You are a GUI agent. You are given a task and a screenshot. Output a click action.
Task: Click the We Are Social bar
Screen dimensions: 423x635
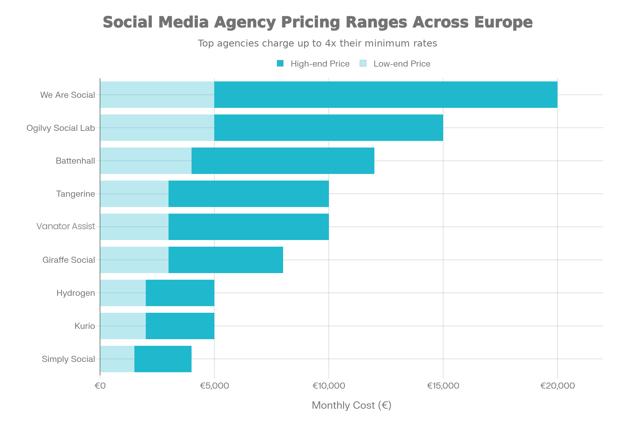tap(329, 95)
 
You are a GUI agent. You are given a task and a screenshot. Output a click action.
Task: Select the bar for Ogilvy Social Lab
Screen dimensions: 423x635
tap(271, 128)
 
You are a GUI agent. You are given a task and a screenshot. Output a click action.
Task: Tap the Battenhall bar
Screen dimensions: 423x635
tap(237, 161)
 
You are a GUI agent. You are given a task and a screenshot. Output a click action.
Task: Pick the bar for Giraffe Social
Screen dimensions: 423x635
tap(191, 260)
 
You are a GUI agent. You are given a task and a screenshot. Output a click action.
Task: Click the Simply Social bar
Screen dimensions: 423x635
tap(146, 359)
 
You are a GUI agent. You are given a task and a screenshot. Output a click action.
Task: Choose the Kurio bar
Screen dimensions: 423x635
tap(157, 326)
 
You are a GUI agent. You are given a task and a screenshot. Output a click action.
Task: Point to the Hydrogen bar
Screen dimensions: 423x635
tap(157, 293)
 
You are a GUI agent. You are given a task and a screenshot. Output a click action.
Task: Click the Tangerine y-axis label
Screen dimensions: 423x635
tap(76, 194)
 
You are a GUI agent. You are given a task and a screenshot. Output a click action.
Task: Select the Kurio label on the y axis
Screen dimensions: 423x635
tap(85, 326)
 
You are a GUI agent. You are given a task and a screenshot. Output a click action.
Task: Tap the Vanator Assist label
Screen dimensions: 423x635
tap(66, 226)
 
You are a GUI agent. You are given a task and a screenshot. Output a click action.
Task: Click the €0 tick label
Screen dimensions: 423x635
tap(100, 386)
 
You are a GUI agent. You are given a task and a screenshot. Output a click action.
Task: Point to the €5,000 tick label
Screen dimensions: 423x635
tap(214, 386)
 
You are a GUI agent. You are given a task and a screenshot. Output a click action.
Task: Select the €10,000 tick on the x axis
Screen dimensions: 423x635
tap(329, 386)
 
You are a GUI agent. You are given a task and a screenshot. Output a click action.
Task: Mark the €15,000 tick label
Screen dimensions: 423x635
tap(443, 386)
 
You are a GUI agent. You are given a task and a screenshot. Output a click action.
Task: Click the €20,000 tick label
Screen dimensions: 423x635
tap(557, 386)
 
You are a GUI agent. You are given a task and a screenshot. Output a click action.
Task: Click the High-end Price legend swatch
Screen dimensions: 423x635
tap(280, 64)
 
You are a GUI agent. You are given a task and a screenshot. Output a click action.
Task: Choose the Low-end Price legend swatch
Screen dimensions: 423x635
tap(363, 64)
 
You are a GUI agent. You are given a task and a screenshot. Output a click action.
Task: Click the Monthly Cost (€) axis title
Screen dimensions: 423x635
tap(352, 406)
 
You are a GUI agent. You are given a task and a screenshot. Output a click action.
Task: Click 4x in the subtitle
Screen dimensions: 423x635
tap(331, 43)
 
